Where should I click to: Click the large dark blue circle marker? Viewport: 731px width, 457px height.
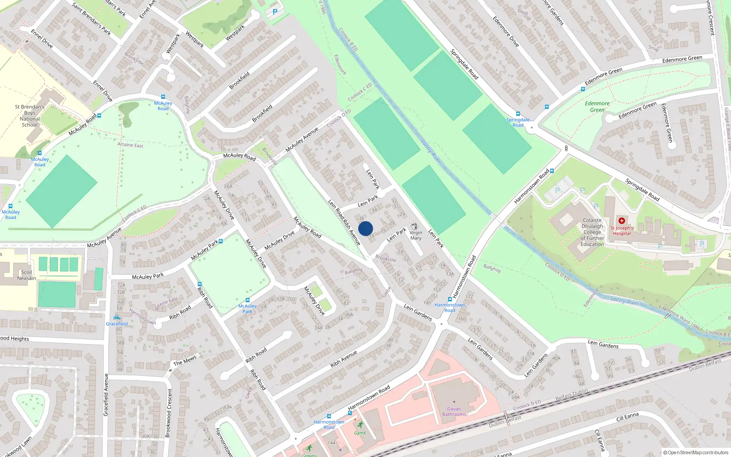pyautogui.click(x=365, y=228)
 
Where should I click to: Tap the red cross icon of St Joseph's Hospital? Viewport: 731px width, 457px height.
pyautogui.click(x=622, y=221)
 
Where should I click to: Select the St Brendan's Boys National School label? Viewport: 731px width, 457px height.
pyautogui.click(x=30, y=116)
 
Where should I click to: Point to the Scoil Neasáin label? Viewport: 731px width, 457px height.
pyautogui.click(x=26, y=275)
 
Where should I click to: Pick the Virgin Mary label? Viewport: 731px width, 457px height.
pyautogui.click(x=416, y=235)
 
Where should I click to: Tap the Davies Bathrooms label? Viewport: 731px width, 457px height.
pyautogui.click(x=454, y=412)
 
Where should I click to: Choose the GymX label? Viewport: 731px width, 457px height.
pyautogui.click(x=360, y=433)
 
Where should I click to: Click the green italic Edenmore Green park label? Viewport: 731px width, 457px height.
pyautogui.click(x=597, y=106)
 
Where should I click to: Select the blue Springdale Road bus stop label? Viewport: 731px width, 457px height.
pyautogui.click(x=518, y=122)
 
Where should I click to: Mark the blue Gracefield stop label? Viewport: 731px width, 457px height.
pyautogui.click(x=117, y=324)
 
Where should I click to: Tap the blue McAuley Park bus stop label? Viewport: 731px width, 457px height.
pyautogui.click(x=247, y=309)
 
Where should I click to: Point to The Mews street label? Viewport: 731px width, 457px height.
pyautogui.click(x=185, y=361)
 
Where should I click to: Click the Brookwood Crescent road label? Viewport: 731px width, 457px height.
pyautogui.click(x=169, y=413)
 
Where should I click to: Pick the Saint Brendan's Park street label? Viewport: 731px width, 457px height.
pyautogui.click(x=91, y=19)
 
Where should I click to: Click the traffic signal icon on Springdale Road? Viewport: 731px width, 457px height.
pyautogui.click(x=566, y=149)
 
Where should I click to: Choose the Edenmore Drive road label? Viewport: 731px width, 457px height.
pyautogui.click(x=506, y=32)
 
